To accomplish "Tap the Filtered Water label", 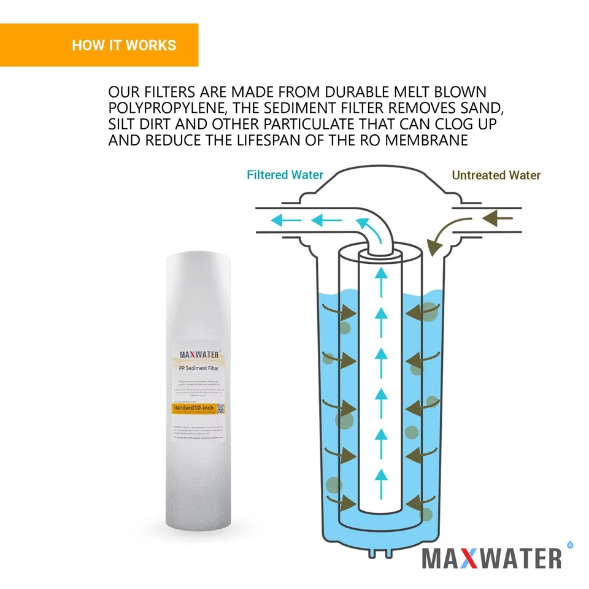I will (x=285, y=175).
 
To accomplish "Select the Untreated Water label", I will (x=496, y=175).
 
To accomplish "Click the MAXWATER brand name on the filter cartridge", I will (x=195, y=354).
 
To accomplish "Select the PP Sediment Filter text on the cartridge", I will (x=196, y=368).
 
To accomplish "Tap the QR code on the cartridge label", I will (x=221, y=409).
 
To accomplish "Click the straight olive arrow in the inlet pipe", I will (x=497, y=217).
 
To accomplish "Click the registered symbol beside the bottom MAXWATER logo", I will (x=570, y=544).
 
